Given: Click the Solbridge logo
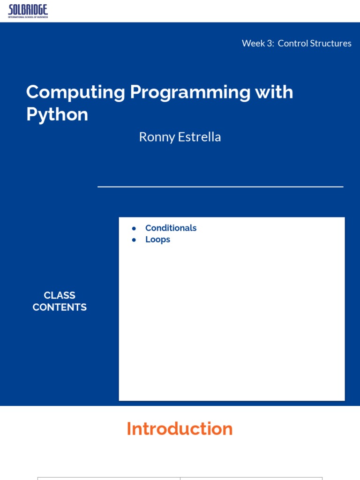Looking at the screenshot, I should [x=28, y=11].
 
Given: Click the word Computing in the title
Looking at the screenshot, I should [x=75, y=92].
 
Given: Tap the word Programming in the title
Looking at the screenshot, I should [x=190, y=92].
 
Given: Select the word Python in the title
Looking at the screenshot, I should [x=57, y=115].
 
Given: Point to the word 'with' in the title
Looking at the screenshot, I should [x=274, y=92].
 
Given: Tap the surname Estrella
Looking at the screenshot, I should [x=200, y=137].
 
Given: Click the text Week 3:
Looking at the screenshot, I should [x=257, y=43].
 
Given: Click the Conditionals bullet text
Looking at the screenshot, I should [x=171, y=228].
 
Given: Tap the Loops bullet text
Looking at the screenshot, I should [x=157, y=240].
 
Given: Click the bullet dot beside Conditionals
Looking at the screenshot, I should [x=134, y=228].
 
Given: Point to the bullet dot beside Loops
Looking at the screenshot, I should [x=134, y=240].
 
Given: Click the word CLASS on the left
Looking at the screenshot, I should [x=60, y=295].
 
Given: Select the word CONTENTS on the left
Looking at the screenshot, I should [x=60, y=307].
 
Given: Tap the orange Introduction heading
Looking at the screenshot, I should [x=180, y=429].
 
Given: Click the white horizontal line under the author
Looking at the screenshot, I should [x=220, y=187].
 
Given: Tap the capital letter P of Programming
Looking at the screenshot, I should [x=135, y=92].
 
